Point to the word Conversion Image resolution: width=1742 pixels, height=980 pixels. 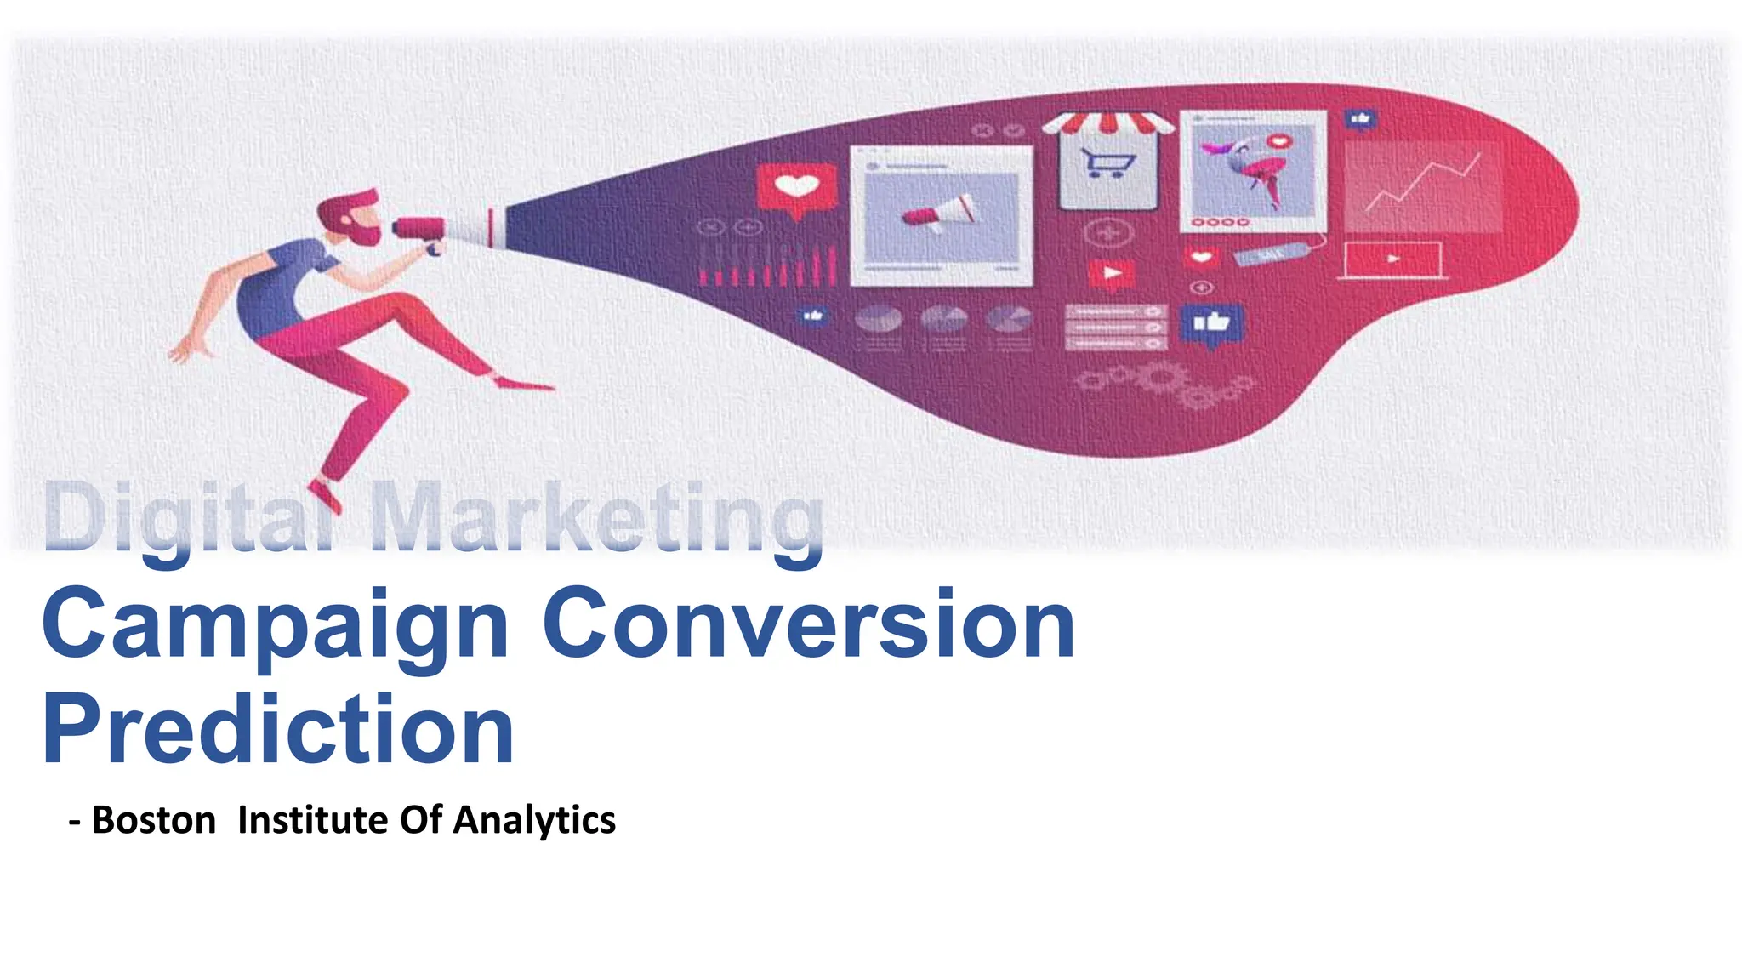808,625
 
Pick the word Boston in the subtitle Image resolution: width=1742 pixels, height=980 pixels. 154,820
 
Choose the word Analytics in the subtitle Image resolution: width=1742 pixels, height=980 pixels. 534,820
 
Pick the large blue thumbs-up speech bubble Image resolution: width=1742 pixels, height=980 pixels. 1211,324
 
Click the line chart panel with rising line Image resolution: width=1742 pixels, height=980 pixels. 1422,185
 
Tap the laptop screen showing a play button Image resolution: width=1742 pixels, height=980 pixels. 1392,259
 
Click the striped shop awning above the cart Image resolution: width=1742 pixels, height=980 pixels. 1107,124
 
